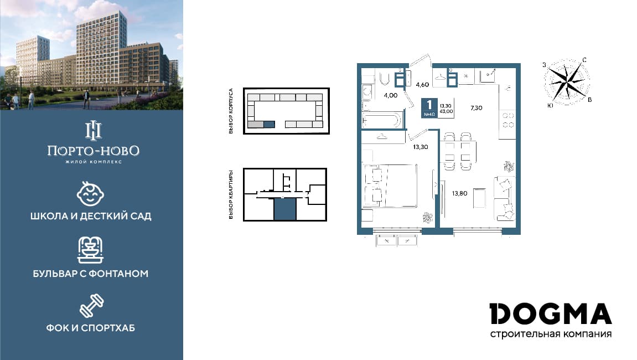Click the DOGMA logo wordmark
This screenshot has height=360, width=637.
click(x=551, y=313)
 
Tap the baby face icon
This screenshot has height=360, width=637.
click(x=91, y=194)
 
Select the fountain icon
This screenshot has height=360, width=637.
click(x=91, y=250)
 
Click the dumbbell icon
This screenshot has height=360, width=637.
click(x=92, y=306)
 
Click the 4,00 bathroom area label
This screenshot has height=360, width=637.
click(x=391, y=96)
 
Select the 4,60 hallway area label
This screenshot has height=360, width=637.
click(x=422, y=85)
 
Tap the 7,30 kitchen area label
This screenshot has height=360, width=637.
click(x=477, y=108)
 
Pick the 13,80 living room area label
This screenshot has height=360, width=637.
click(x=459, y=193)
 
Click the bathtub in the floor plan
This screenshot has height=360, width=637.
click(x=382, y=120)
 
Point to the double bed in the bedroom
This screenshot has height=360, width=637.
click(x=391, y=186)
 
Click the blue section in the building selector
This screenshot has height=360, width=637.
click(x=269, y=125)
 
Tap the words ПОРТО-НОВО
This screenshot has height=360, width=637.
click(x=93, y=151)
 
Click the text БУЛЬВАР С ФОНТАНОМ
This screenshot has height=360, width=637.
click(x=91, y=274)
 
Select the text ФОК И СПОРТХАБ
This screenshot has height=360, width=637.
click(x=91, y=328)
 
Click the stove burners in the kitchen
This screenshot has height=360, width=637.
click(x=508, y=120)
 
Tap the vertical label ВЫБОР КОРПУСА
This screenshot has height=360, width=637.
click(x=231, y=111)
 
